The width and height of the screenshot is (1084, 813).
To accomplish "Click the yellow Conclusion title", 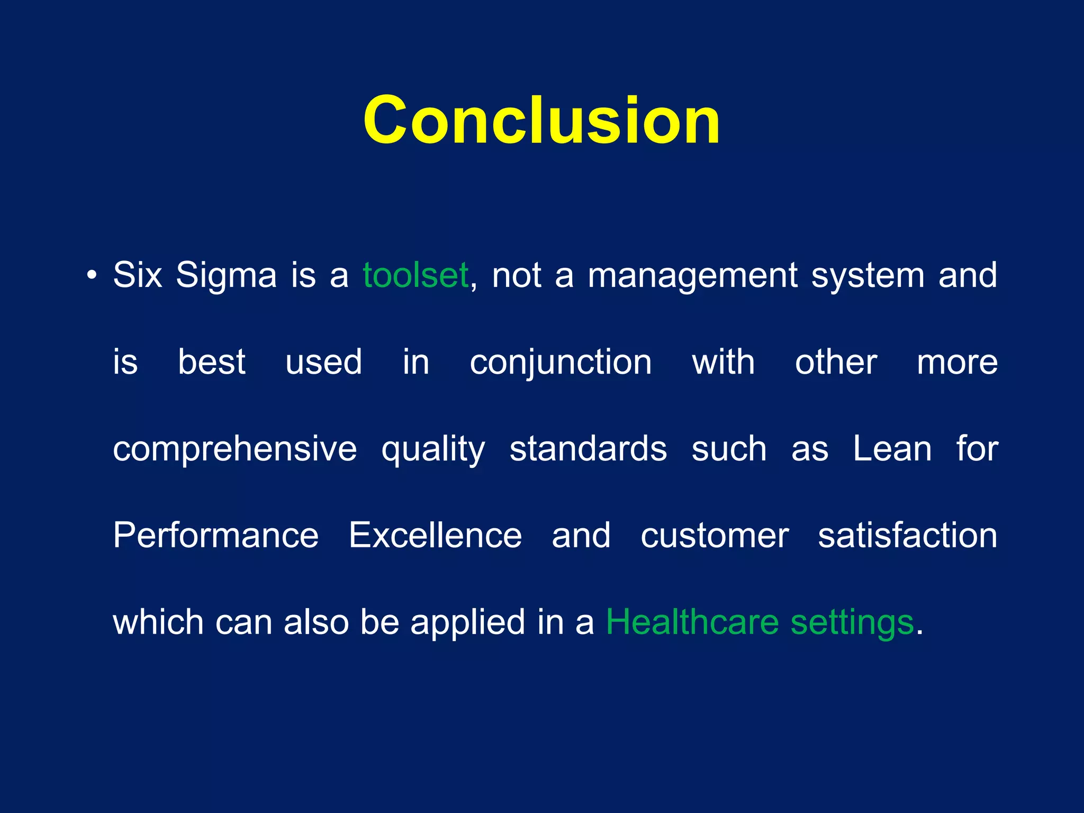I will pyautogui.click(x=541, y=121).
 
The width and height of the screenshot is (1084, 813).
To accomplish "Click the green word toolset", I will pyautogui.click(x=415, y=276).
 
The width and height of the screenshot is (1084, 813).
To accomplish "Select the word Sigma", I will pyautogui.click(x=226, y=276).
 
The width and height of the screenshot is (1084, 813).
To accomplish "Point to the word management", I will pyautogui.click(x=692, y=276).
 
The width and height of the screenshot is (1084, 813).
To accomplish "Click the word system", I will pyautogui.click(x=868, y=276).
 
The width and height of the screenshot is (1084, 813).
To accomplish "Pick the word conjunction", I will pyautogui.click(x=561, y=363).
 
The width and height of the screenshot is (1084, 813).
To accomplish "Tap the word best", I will pyautogui.click(x=211, y=363).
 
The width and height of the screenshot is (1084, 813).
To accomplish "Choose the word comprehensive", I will pyautogui.click(x=234, y=449).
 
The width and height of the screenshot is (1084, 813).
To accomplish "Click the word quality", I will pyautogui.click(x=433, y=449).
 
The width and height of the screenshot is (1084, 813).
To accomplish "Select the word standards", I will pyautogui.click(x=588, y=449).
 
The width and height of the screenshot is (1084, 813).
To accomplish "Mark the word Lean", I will pyautogui.click(x=892, y=449).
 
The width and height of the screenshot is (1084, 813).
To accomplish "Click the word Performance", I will pyautogui.click(x=215, y=536).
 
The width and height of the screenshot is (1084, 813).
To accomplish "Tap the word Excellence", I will pyautogui.click(x=435, y=536).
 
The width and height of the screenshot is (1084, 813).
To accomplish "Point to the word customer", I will pyautogui.click(x=715, y=536).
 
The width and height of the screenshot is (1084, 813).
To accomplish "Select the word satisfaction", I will pyautogui.click(x=908, y=536).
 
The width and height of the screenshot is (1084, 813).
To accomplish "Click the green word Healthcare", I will pyautogui.click(x=692, y=622).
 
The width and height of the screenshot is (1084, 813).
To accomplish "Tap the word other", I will pyautogui.click(x=836, y=363).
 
